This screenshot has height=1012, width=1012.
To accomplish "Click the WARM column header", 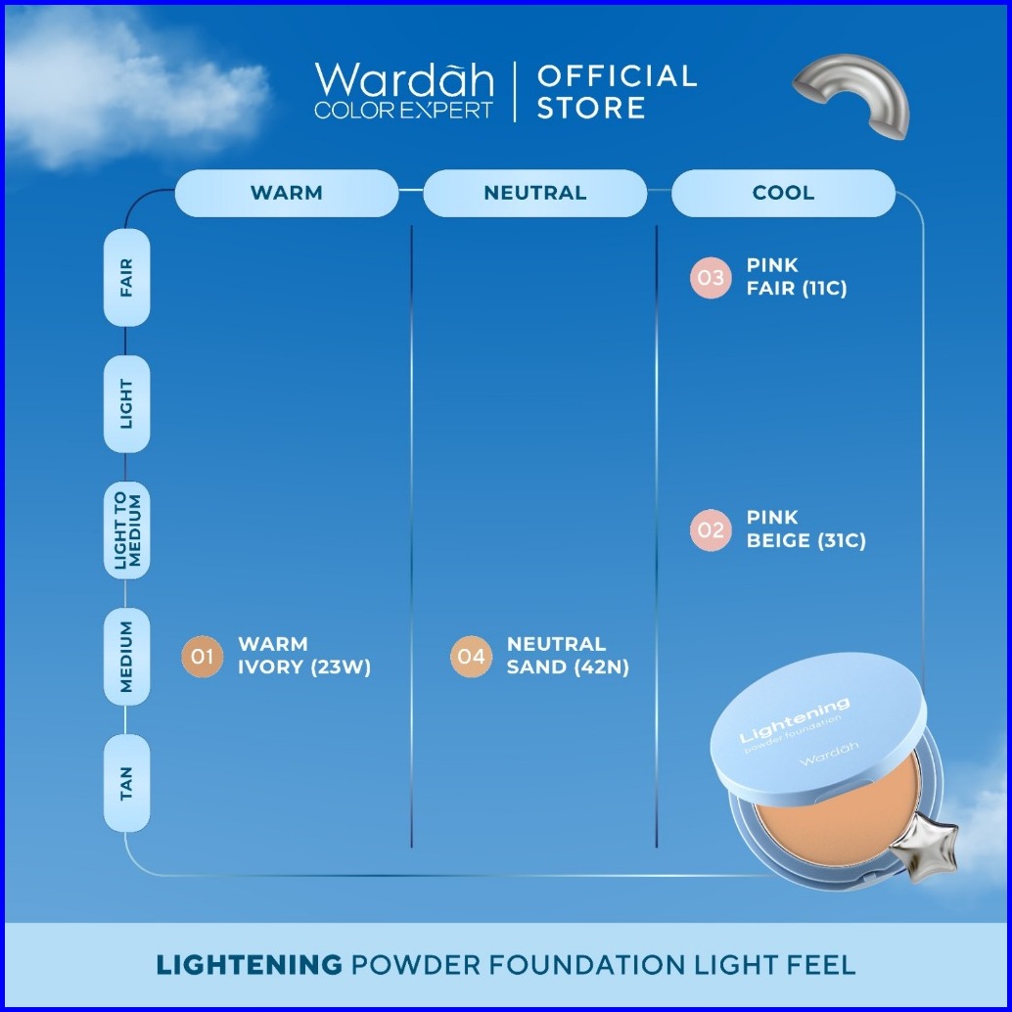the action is pyautogui.click(x=286, y=193).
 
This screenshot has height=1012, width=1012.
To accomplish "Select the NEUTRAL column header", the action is pyautogui.click(x=534, y=193).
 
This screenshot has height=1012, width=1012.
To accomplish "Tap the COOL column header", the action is pyautogui.click(x=783, y=193).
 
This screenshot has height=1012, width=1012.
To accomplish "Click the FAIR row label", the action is pyautogui.click(x=127, y=278).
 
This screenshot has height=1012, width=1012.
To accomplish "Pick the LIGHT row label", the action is pyautogui.click(x=127, y=403).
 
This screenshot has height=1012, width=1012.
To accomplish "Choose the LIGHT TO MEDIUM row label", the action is pyautogui.click(x=127, y=530).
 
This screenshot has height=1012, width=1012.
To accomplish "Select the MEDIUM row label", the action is pyautogui.click(x=127, y=657).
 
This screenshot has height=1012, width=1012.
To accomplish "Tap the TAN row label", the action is pyautogui.click(x=127, y=783).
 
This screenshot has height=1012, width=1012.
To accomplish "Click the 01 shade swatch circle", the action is pyautogui.click(x=202, y=657).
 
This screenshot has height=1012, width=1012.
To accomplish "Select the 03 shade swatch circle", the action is pyautogui.click(x=711, y=278).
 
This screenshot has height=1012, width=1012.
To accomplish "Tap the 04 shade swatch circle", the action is pyautogui.click(x=471, y=657).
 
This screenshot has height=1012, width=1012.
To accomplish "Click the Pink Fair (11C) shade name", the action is pyautogui.click(x=796, y=277).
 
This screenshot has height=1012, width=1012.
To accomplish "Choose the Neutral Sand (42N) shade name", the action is pyautogui.click(x=568, y=656).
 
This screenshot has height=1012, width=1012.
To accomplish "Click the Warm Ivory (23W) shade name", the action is pyautogui.click(x=304, y=656).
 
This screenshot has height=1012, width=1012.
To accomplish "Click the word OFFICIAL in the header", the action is pyautogui.click(x=617, y=76).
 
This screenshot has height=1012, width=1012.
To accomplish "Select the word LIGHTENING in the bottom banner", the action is pyautogui.click(x=250, y=964).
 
